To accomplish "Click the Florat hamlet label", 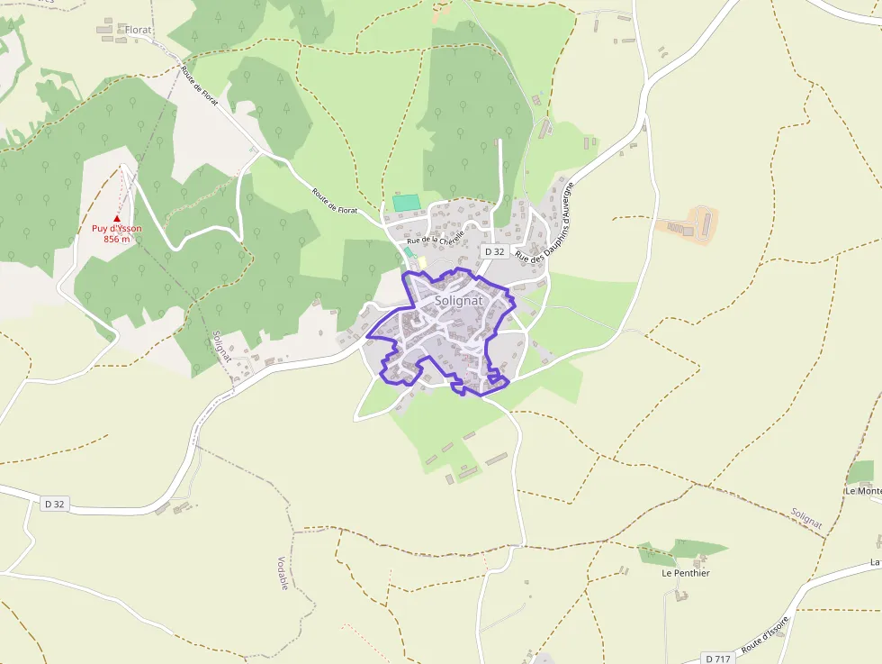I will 138,30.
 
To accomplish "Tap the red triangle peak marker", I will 116,218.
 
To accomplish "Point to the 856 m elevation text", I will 116,239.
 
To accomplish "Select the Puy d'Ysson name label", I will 116,229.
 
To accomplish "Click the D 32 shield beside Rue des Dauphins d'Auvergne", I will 494,252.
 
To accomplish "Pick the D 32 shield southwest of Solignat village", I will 55,504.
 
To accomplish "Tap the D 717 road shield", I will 717,659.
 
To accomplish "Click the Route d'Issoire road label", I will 765,637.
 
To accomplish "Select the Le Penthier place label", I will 686,573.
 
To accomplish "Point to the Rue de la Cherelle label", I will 436,236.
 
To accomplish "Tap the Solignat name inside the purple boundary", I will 458,300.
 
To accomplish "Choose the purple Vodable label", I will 283,573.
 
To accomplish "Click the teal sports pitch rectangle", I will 406,203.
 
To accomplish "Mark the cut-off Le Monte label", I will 862,491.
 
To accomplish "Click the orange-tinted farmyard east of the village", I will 691,225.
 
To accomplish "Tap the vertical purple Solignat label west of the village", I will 221,346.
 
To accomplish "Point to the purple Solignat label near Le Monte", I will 806,517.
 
